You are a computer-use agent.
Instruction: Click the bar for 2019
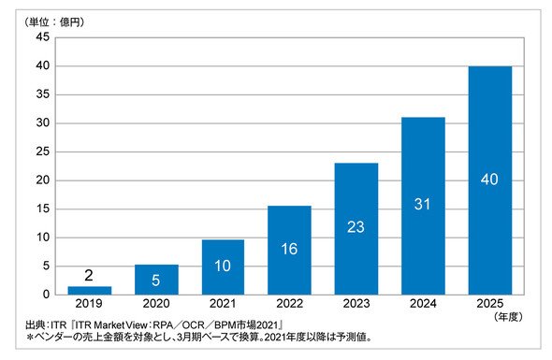90,290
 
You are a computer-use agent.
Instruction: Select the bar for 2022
289,251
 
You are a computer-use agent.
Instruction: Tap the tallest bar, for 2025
490,180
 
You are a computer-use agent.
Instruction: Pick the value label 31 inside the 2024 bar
423,204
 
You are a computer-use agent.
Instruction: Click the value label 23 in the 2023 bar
356,227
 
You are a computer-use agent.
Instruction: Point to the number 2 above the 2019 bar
89,275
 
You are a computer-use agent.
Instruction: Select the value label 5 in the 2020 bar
156,281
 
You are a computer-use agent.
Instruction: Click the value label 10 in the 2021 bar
223,266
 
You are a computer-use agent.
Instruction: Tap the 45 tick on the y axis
43,37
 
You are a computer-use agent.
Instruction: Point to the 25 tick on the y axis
43,151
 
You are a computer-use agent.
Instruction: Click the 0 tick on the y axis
47,295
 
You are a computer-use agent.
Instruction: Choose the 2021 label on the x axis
223,303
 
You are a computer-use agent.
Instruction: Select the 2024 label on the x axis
423,303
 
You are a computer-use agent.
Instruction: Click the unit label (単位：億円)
54,22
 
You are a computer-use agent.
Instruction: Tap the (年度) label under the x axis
508,317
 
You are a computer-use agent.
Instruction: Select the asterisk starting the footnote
30,338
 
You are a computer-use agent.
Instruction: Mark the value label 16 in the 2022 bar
289,249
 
